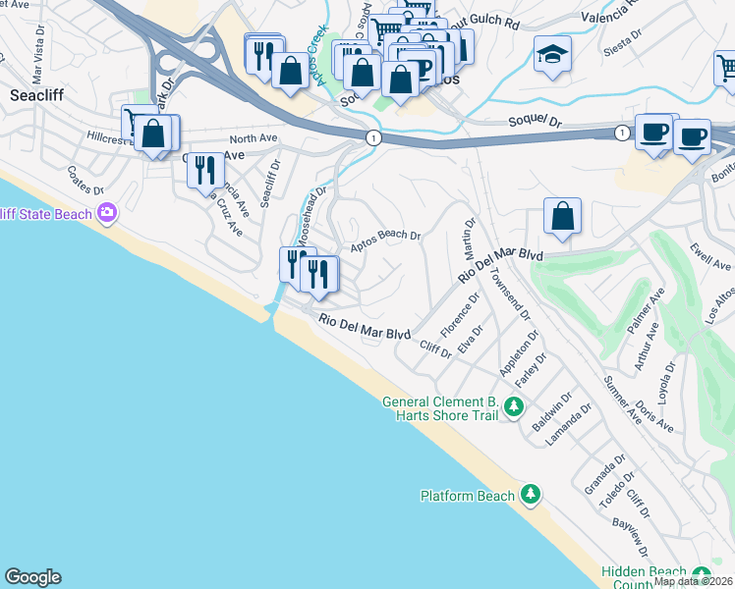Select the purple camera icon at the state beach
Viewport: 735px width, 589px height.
point(108,212)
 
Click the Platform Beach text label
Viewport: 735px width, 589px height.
point(468,496)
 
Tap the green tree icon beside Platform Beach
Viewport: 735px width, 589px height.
point(531,493)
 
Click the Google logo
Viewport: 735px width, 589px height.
point(32,577)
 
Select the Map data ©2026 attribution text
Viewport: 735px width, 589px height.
point(693,581)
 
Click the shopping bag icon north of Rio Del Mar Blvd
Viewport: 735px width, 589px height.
point(561,217)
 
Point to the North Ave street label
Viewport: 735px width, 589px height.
point(249,139)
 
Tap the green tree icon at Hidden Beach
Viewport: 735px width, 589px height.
point(701,574)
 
